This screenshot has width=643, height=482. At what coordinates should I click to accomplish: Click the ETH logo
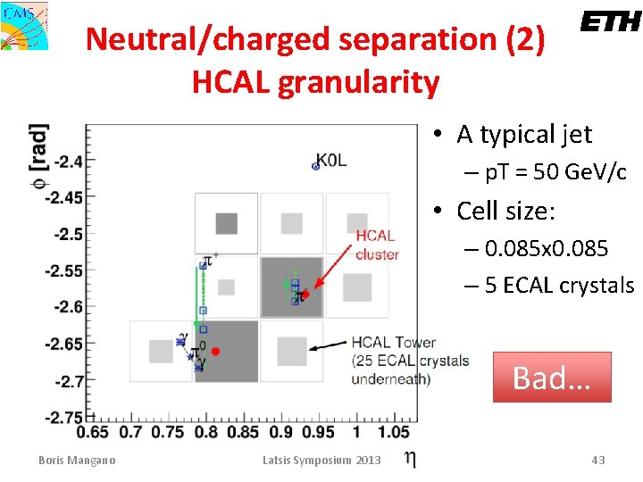611,21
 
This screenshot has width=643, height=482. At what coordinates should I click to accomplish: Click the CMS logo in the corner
24,25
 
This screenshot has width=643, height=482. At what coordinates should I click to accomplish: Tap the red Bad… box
551,377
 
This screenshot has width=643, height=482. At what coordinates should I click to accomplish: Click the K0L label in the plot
333,162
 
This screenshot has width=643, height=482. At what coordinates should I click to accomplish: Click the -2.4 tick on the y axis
68,162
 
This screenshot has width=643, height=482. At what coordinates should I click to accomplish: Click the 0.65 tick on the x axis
93,433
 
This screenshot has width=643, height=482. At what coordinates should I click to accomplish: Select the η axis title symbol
409,459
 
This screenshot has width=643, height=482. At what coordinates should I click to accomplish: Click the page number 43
597,461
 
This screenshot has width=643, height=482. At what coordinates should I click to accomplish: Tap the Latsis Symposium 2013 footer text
321,461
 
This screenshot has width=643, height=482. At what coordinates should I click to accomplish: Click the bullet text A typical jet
524,135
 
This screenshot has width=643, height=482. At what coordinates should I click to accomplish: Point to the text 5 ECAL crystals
559,286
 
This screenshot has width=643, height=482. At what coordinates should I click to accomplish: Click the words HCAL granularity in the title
315,82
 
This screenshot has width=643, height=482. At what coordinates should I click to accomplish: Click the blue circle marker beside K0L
315,165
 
